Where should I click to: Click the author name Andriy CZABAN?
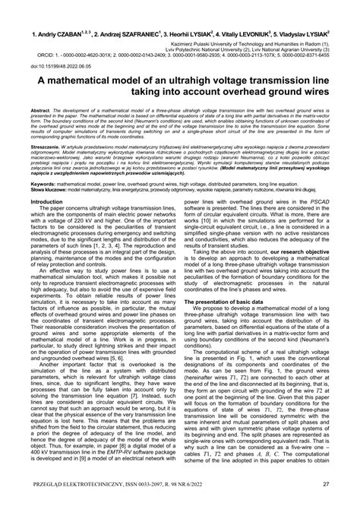pyautogui.click(x=55, y=35)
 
